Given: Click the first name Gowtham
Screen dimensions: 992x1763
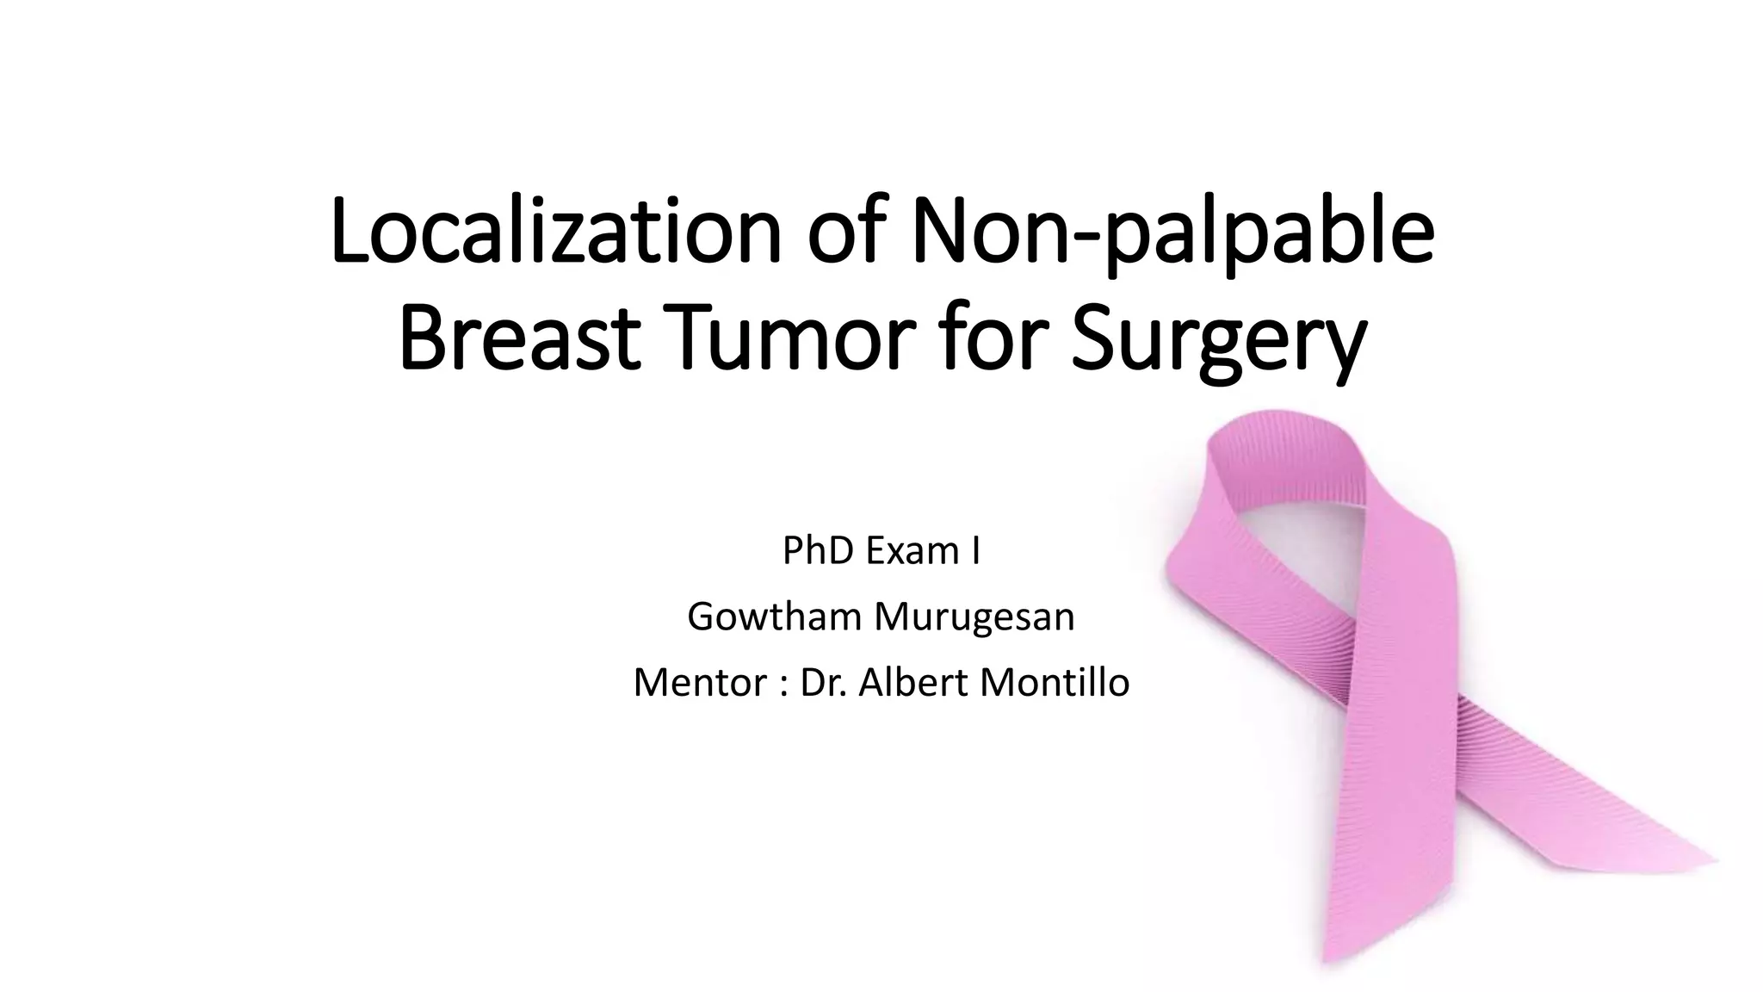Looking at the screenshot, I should [774, 617].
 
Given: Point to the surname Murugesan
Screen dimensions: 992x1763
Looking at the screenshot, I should [974, 617].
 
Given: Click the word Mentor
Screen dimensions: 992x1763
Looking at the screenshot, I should [700, 683].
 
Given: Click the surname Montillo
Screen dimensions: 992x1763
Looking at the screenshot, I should [1055, 683].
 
